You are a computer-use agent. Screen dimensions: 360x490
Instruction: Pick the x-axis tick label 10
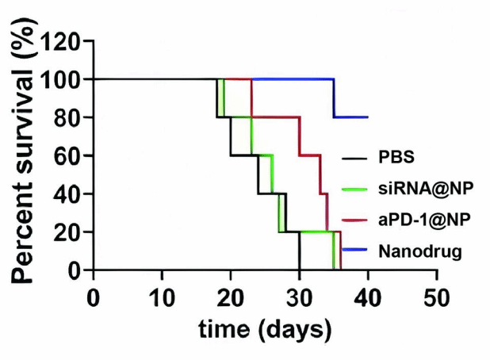click(162, 299)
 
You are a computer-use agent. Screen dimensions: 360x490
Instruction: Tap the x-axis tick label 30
click(299, 299)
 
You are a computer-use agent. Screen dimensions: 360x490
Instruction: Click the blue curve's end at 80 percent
click(367, 117)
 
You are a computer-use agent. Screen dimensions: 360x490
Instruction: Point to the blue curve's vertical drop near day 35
click(334, 98)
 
